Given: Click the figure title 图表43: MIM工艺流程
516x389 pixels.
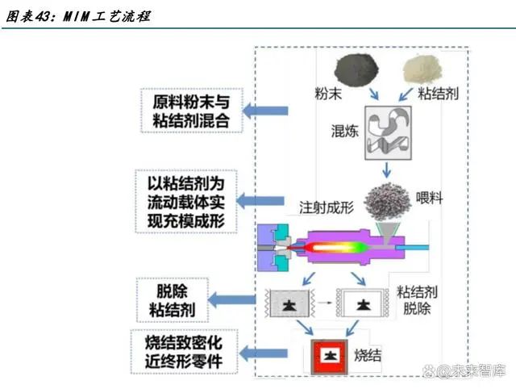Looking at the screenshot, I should (77, 16).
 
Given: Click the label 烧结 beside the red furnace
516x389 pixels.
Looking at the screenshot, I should (370, 354).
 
